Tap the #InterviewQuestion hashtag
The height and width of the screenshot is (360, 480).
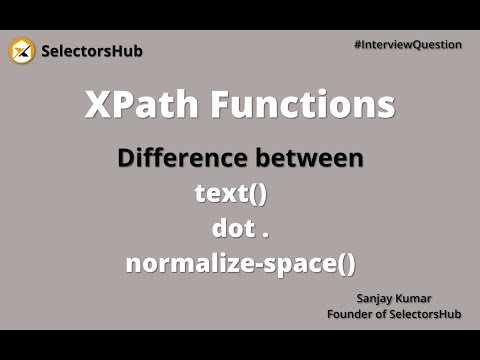point(408,45)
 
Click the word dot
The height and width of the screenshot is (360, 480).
point(232,229)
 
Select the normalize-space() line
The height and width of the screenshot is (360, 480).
point(240,265)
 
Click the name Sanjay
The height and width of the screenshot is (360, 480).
point(377,299)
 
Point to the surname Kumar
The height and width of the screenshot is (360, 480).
point(423,299)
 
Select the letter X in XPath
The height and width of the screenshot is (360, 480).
point(95,106)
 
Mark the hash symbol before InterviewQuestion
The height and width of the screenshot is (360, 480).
point(357,45)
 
